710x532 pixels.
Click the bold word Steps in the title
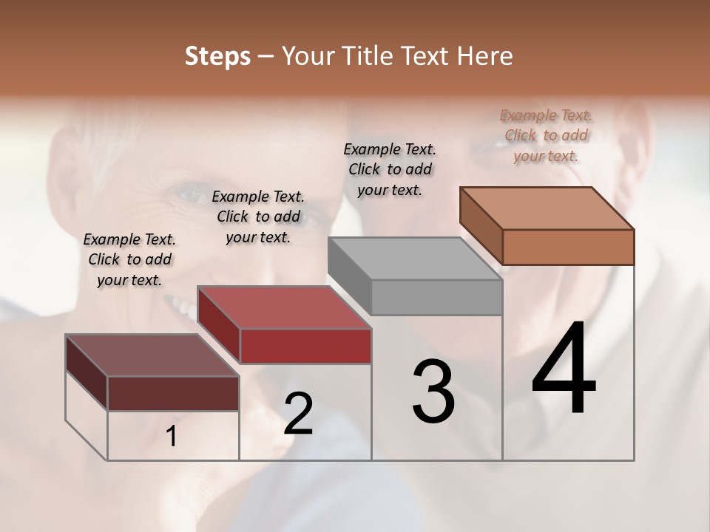217,57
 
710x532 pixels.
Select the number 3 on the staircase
433,392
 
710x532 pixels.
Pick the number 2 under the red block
298,414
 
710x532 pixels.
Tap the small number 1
172,437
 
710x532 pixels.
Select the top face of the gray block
414,259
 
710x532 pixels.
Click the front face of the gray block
436,298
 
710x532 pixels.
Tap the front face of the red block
305,346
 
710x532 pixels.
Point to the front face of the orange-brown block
568,247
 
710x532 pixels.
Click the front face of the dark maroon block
173,393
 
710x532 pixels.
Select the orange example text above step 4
546,135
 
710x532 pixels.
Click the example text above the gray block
390,169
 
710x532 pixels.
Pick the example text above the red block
258,216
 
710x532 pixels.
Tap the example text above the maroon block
129,259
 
